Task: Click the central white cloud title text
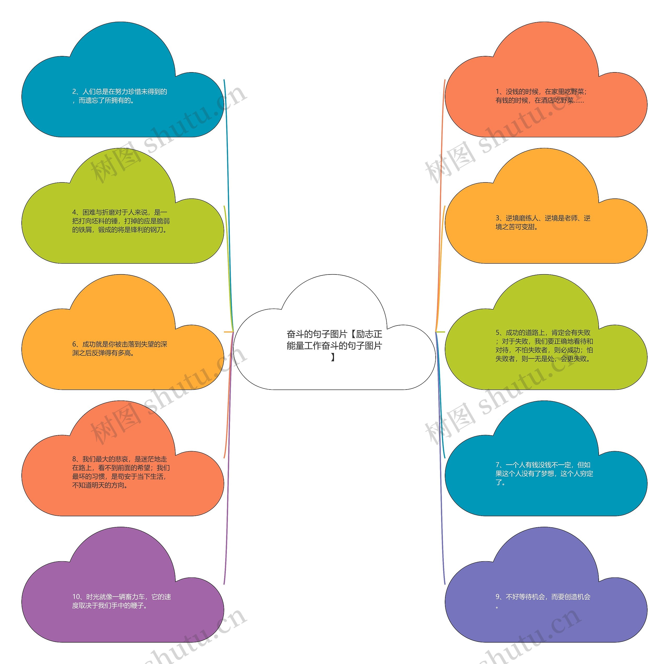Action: pos(334,345)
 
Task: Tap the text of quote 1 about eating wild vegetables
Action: pos(541,96)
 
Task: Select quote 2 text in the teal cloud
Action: pos(119,96)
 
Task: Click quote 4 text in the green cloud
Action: pos(121,221)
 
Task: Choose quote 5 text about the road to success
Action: pos(544,346)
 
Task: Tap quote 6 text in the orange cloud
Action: pos(119,348)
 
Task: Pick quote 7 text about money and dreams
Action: pos(544,473)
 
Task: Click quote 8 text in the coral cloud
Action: pos(121,472)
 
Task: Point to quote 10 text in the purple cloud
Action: pos(122,601)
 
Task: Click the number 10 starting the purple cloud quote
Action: pos(76,597)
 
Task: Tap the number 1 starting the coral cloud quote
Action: pos(498,92)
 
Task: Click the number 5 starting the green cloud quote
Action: pos(498,333)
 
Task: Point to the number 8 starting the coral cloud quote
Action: pos(74,459)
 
